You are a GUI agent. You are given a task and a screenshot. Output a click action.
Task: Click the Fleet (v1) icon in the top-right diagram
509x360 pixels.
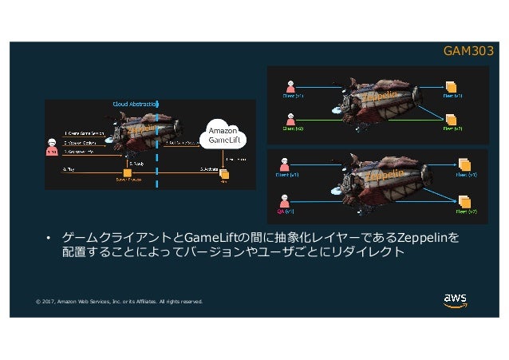coord(452,85)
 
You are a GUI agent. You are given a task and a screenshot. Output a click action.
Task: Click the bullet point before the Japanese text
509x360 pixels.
coord(48,239)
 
